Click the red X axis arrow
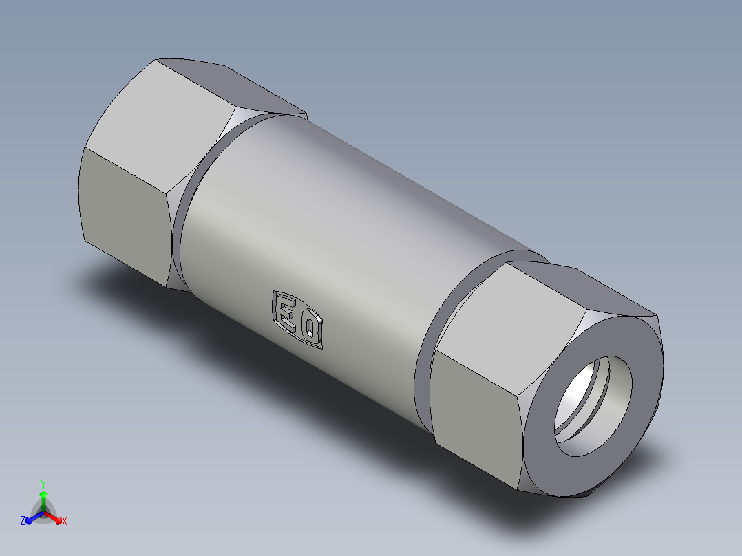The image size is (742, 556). coord(56,517)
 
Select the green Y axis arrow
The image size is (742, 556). coord(43,497)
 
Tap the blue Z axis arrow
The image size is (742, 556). coord(32,518)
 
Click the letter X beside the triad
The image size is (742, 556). coord(65,522)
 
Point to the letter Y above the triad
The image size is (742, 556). coord(43,484)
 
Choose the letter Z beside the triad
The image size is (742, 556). coord(23,522)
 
